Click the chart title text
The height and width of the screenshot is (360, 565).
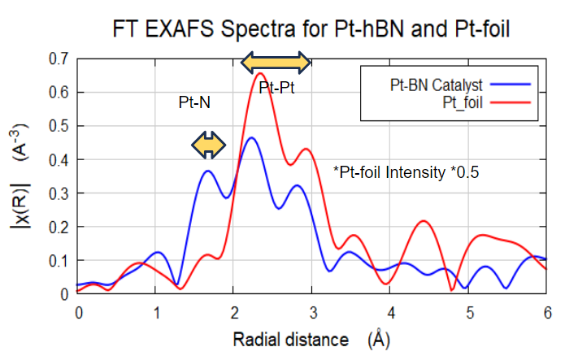[x=311, y=28]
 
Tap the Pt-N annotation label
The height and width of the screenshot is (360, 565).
[x=194, y=102]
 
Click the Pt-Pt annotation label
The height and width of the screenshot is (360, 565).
[x=276, y=88]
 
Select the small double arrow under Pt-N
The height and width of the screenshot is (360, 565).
[x=208, y=145]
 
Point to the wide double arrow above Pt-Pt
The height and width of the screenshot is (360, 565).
[x=276, y=63]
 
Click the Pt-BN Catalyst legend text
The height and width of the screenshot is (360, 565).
[x=436, y=85]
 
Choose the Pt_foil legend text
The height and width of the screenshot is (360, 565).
[x=463, y=102]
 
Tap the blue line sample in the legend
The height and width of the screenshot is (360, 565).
[x=511, y=85]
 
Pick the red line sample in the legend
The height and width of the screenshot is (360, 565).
[x=511, y=102]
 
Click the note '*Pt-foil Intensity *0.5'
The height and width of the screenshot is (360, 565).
[x=406, y=172]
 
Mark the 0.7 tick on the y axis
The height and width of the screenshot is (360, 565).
[x=59, y=59]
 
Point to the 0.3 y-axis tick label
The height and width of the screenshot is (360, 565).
[x=59, y=193]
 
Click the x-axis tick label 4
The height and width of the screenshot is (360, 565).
[x=391, y=313]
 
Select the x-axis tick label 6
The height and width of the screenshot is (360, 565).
[x=547, y=313]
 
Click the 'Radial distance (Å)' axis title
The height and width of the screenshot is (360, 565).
[x=311, y=340]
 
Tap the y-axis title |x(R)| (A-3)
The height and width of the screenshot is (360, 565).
[x=19, y=176]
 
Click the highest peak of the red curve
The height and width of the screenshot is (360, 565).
[x=260, y=73]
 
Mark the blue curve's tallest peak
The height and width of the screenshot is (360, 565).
[x=251, y=137]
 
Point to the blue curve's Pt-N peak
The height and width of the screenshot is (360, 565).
[x=208, y=171]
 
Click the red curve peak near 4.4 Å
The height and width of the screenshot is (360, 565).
[x=424, y=221]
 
